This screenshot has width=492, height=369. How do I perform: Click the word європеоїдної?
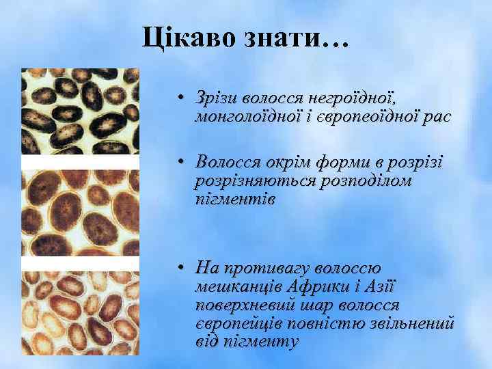click(367, 118)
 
